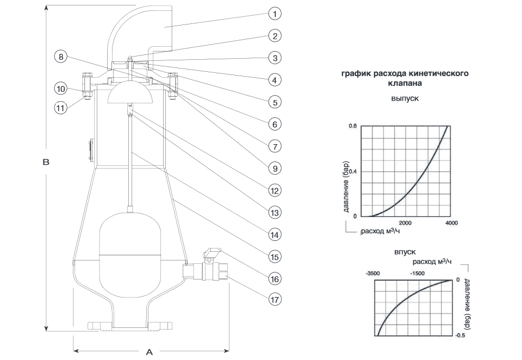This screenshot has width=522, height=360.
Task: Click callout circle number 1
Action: point(275,13)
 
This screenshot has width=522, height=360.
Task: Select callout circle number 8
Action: point(61,56)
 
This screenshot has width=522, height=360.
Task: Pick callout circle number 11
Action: point(61,107)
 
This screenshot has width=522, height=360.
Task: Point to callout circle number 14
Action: point(275,235)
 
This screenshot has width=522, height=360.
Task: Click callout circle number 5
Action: point(275,102)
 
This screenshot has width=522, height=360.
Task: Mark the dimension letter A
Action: point(149,352)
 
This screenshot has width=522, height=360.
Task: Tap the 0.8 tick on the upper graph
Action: point(353,126)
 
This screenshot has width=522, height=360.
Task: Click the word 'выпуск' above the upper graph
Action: point(405,100)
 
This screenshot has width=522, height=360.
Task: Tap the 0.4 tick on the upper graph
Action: point(353,172)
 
